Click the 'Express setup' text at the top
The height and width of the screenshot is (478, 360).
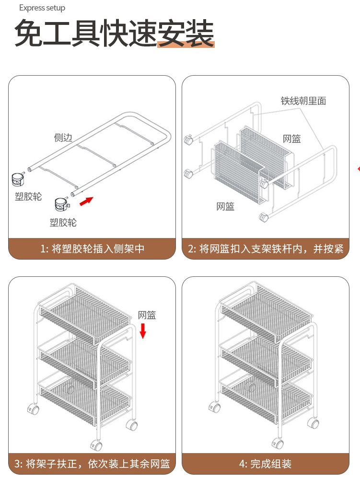click(x=42, y=8)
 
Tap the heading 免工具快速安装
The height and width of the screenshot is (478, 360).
click(x=114, y=34)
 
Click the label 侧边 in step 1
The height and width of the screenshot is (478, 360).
click(x=63, y=138)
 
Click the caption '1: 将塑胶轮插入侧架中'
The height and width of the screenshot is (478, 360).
click(x=92, y=249)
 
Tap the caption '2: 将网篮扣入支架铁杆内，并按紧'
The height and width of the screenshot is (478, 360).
click(x=266, y=249)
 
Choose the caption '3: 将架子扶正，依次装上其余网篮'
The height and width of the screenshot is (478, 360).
click(x=92, y=464)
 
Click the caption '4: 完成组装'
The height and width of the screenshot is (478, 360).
click(x=266, y=464)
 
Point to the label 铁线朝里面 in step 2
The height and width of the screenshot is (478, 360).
click(x=303, y=101)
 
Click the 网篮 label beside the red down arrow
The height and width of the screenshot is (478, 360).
click(x=147, y=315)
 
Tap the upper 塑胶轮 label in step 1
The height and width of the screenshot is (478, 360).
click(x=28, y=197)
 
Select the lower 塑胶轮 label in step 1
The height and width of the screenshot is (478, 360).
click(x=63, y=222)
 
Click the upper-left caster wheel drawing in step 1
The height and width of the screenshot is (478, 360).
click(x=18, y=180)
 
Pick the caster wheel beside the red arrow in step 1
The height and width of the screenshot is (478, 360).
click(x=60, y=205)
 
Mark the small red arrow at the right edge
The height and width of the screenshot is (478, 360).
click(x=358, y=168)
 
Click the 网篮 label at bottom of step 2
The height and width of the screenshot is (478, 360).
click(x=225, y=207)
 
